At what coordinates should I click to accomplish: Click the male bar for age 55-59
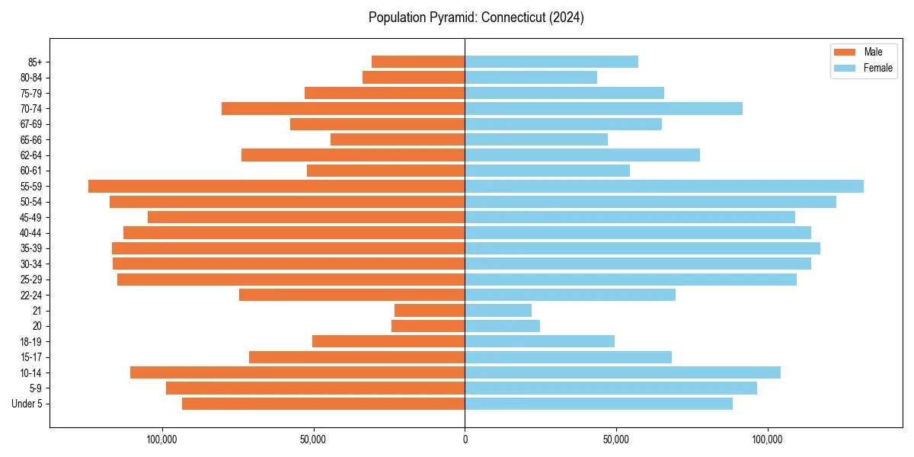[276, 186]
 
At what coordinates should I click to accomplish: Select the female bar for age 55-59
[664, 186]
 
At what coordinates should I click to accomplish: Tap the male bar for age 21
[430, 310]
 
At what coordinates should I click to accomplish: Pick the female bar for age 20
[502, 326]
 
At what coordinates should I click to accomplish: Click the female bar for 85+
[551, 62]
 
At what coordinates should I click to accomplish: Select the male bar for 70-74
[343, 108]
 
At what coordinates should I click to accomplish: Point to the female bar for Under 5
[599, 404]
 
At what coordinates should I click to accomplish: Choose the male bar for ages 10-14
[297, 372]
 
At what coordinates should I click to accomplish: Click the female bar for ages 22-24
[570, 295]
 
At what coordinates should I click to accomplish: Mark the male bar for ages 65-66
[398, 139]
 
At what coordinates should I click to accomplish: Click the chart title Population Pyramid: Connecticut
[476, 18]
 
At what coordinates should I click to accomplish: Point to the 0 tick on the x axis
[465, 439]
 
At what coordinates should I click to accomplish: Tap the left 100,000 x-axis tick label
[161, 439]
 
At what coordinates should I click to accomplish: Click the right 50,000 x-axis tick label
[615, 439]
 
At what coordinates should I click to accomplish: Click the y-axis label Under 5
[27, 404]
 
